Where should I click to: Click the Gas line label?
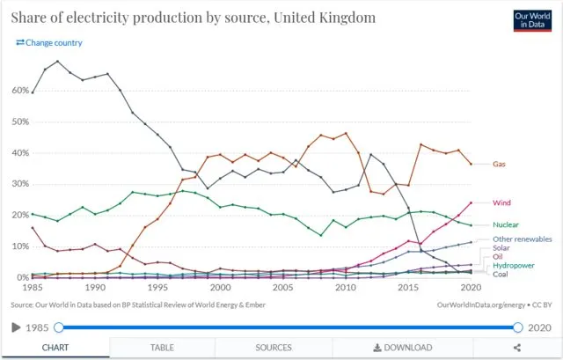pos(499,165)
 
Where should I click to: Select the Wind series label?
pos(502,202)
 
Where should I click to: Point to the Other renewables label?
pos(523,239)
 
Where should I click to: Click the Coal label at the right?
pos(501,274)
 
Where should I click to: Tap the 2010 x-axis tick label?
pos(346,288)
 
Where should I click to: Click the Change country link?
pos(50,42)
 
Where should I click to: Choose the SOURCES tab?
pos(274,348)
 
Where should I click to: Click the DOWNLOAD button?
pos(402,348)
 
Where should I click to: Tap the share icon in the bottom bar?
pos(515,348)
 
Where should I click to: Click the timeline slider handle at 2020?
pos(518,327)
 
